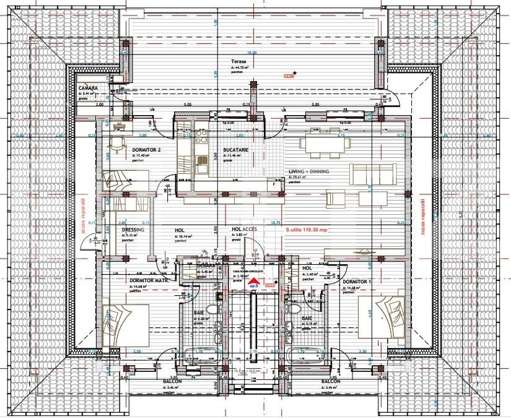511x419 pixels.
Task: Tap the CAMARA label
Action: (88, 89)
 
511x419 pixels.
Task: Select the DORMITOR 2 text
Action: (146, 150)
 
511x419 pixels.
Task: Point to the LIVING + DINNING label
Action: (308, 172)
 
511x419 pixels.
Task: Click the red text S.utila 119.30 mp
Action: (308, 229)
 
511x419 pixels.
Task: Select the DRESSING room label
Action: (133, 230)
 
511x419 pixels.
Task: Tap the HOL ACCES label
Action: (235, 229)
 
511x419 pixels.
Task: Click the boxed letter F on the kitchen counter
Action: (273, 184)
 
